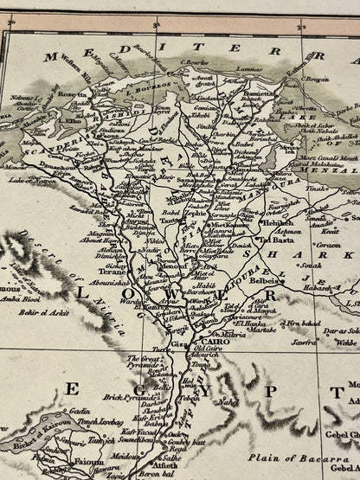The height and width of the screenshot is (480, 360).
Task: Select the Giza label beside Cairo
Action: [178, 344]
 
